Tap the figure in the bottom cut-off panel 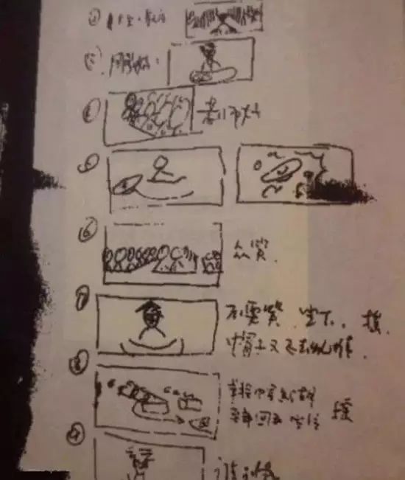(138, 461)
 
